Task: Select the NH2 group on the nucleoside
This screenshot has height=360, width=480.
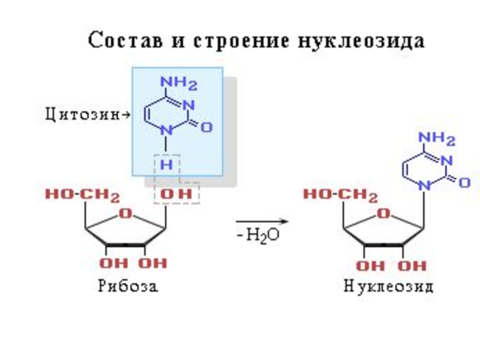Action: (x=438, y=140)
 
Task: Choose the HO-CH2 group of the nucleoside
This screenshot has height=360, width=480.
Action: (x=340, y=195)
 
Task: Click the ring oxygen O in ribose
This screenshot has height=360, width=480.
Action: (x=125, y=213)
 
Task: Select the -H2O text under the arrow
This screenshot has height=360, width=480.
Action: (x=258, y=235)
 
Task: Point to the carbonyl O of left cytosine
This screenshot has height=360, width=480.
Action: (x=208, y=127)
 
